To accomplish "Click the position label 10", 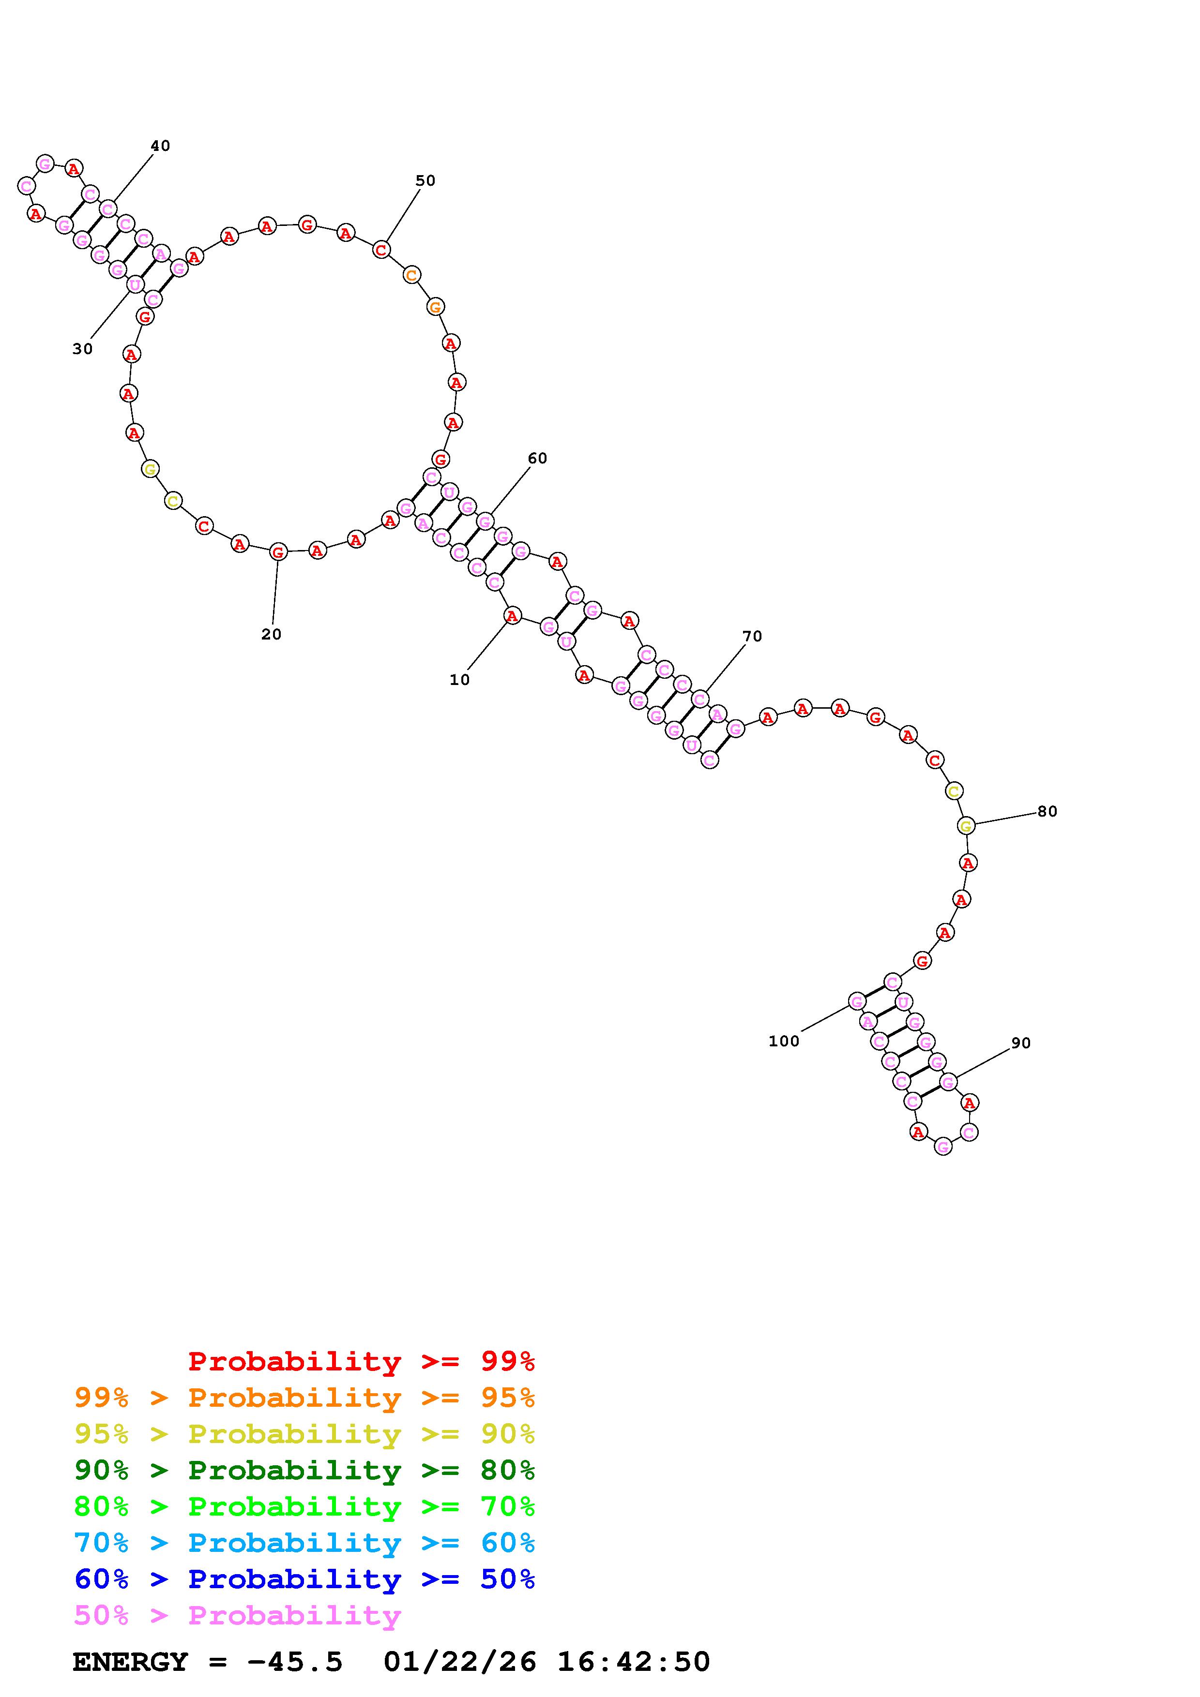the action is click(x=459, y=680).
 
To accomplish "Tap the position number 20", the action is click(x=272, y=634).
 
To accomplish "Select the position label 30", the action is click(x=83, y=349).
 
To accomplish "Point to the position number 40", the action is click(x=160, y=146).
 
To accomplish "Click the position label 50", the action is click(x=425, y=180).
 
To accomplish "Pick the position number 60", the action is click(x=537, y=458).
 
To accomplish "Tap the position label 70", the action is click(x=752, y=636).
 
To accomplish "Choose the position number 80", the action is click(x=1047, y=811).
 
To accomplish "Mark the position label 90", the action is click(x=1020, y=1043).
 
